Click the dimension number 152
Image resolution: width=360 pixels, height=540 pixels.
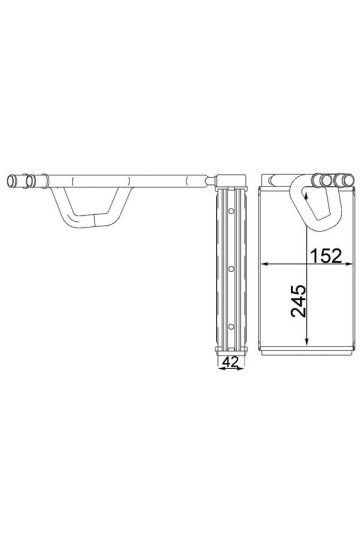point(326,256)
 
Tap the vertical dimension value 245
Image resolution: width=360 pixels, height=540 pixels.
point(298,301)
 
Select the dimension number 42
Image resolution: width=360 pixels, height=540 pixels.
point(231,362)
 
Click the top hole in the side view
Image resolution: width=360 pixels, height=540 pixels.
point(231,211)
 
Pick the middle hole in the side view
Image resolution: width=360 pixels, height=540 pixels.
point(231,269)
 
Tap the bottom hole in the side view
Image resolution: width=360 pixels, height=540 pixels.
point(231,326)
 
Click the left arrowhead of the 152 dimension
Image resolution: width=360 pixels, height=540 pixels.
point(265,264)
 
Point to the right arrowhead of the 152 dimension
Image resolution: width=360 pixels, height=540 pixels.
point(349,264)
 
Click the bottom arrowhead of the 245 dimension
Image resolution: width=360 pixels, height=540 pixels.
point(307,341)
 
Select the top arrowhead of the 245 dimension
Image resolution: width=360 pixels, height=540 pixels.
point(307,195)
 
